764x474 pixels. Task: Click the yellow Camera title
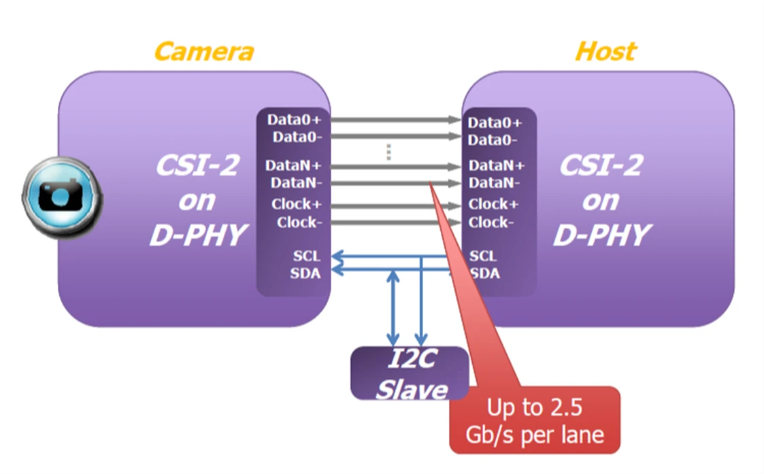(x=203, y=52)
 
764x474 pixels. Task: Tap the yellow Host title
(x=605, y=52)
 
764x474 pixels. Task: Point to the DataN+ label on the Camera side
(x=295, y=165)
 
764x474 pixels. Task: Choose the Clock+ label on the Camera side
(x=296, y=204)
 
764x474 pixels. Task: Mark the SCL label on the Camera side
(x=305, y=256)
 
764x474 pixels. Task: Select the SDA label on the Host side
(x=484, y=273)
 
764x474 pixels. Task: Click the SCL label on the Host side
(x=483, y=256)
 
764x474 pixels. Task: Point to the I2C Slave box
(x=410, y=373)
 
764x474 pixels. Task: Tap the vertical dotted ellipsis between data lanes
(x=388, y=152)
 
